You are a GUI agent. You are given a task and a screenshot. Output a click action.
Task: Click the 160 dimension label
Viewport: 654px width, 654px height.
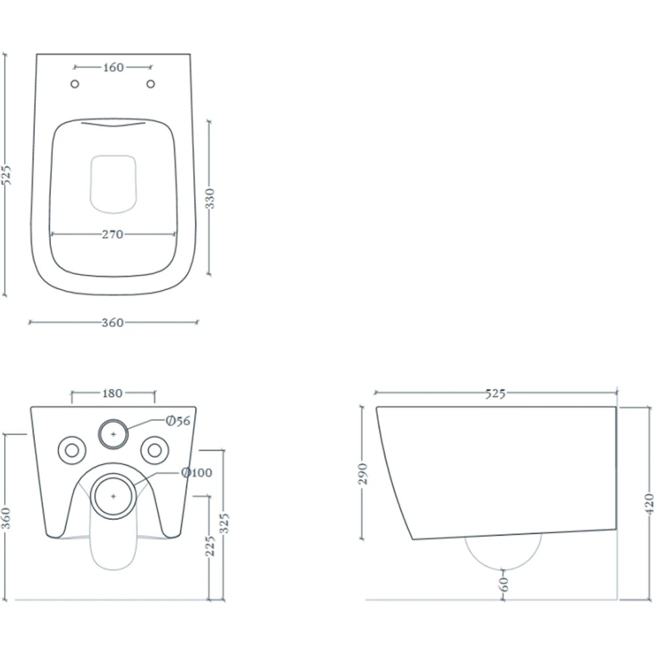coord(113,67)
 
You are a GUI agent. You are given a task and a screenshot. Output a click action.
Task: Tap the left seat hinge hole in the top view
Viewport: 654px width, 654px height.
coord(75,84)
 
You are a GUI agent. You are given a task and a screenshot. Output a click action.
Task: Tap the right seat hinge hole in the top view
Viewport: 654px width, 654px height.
coord(150,84)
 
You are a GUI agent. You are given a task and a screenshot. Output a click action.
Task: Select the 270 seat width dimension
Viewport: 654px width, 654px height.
coord(112,234)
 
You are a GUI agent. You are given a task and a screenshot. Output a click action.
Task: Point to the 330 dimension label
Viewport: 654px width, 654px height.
coord(211,199)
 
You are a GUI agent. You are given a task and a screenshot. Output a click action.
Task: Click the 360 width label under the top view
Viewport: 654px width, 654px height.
coord(112,322)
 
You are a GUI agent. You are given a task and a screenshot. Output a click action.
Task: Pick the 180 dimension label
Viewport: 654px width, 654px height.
coord(112,393)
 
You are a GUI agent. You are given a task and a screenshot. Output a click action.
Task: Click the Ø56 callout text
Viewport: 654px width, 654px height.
coord(178,421)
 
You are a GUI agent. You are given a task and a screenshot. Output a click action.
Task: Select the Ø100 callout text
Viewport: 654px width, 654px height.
coord(197,473)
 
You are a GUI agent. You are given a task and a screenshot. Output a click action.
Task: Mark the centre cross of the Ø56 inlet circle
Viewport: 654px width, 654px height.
coord(113,435)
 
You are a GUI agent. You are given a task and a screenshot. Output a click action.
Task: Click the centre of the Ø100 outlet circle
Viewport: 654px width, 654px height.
coord(113,496)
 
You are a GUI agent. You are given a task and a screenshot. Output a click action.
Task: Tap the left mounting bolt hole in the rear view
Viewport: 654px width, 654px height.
coord(72,451)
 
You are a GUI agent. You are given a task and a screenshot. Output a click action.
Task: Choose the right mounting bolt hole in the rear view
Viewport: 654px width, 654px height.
coord(155,451)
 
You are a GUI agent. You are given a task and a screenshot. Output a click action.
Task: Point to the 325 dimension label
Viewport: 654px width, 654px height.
coord(224,523)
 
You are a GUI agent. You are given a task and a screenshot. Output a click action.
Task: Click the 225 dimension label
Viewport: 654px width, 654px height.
coord(211,546)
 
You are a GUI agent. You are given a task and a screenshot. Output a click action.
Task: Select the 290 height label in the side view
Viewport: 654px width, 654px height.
coord(363,473)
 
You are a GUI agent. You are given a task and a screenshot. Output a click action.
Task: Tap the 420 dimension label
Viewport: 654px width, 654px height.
coord(649,504)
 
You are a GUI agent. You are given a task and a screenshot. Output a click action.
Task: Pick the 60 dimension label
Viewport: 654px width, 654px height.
coord(504,584)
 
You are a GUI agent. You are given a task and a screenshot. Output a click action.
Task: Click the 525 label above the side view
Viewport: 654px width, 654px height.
coord(496,393)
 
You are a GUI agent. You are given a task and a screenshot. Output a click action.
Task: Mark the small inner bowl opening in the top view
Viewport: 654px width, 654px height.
coord(113,184)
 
